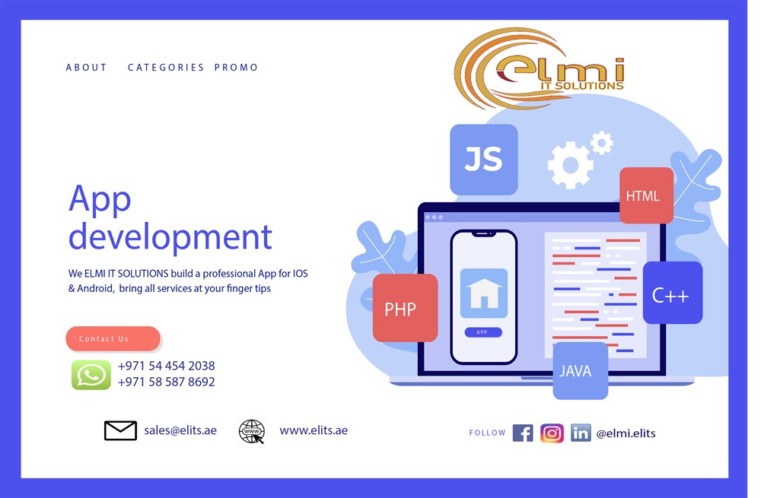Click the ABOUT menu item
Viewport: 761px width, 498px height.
click(87, 68)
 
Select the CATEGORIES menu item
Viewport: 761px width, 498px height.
click(166, 68)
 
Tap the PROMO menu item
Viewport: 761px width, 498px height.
click(237, 68)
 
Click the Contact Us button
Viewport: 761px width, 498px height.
click(113, 338)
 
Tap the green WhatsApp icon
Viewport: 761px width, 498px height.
click(91, 375)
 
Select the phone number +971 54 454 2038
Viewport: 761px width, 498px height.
click(166, 366)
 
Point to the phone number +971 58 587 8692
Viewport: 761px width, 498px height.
click(166, 382)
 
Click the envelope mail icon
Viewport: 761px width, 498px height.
click(120, 430)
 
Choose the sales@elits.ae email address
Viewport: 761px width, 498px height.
click(180, 430)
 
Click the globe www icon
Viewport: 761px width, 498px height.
click(252, 432)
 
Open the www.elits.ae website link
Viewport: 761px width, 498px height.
click(314, 430)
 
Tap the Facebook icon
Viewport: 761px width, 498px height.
click(523, 433)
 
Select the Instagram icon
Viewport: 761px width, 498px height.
click(552, 433)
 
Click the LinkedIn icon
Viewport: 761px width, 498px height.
click(581, 433)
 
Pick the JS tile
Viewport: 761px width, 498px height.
click(484, 160)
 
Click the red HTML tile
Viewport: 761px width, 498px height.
click(646, 195)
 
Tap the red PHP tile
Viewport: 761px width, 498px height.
click(406, 308)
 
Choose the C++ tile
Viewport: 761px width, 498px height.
click(673, 293)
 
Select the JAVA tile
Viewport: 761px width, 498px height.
click(581, 371)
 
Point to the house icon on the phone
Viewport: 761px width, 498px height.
click(484, 293)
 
